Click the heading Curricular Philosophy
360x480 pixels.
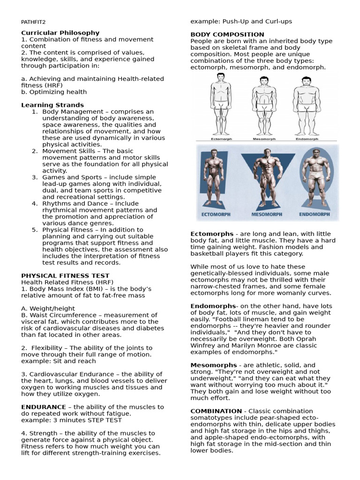point(60,33)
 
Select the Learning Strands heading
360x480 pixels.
point(52,105)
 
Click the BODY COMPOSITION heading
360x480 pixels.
point(227,35)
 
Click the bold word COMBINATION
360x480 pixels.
point(216,411)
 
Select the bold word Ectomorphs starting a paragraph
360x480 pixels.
point(211,234)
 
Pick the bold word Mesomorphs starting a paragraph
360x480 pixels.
point(213,365)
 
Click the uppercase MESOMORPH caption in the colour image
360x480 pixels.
point(267,214)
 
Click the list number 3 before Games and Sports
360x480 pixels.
point(34,177)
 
